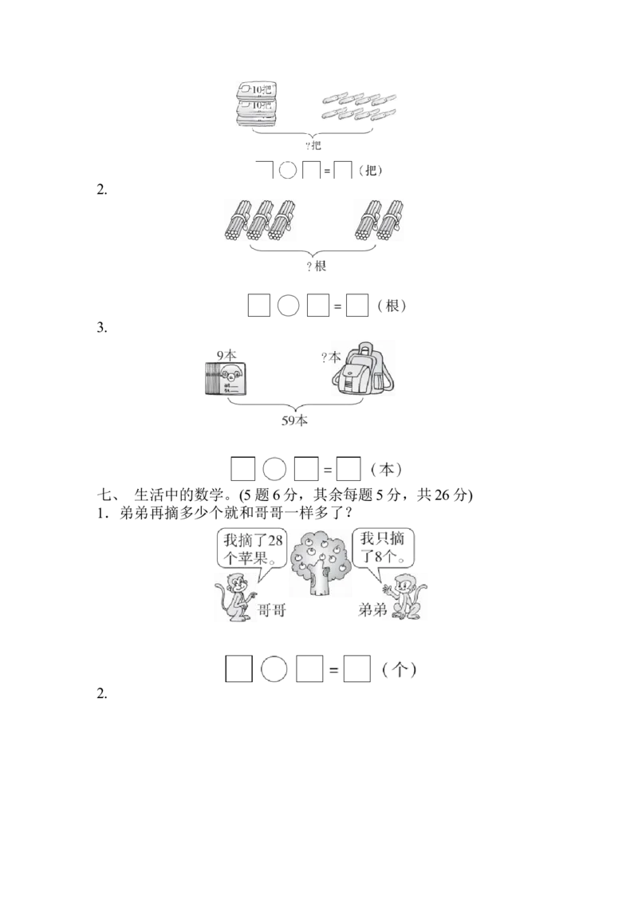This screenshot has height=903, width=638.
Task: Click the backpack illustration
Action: pos(364,368)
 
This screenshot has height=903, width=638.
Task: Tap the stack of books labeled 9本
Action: pos(226,378)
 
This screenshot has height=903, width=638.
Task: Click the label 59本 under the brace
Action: pos(294,421)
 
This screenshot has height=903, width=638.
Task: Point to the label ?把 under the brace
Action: pos(313,145)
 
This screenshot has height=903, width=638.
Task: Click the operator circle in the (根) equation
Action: pos(288,306)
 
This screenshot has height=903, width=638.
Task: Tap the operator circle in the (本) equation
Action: pos(274,469)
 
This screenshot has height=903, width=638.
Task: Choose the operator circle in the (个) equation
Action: pos(274,669)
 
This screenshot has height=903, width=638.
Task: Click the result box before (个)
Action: pos(357,669)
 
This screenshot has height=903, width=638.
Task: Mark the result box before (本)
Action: pos(349,469)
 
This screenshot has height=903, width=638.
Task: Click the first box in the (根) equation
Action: pos(258,306)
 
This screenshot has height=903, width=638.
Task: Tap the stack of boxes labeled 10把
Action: pos(257,104)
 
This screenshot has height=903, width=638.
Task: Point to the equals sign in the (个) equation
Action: pos(333,670)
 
